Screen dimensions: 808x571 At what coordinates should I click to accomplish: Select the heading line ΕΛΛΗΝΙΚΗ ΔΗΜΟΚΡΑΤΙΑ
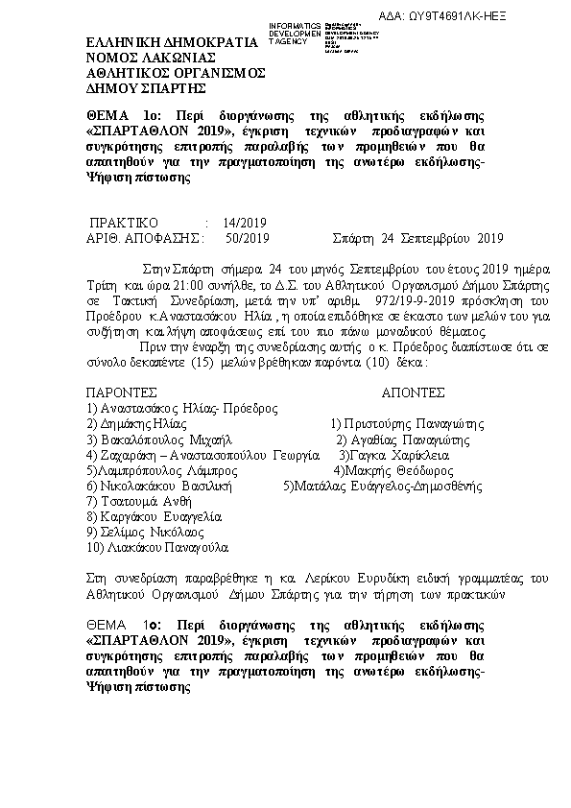pos(173,42)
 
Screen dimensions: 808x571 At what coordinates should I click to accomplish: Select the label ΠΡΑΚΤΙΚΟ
pos(123,220)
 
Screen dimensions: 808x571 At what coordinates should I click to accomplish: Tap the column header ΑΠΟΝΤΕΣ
pos(413,392)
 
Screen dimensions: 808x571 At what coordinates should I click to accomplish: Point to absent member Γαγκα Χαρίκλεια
pos(401,454)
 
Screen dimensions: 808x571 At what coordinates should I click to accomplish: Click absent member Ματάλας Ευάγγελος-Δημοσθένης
pos(382,486)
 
